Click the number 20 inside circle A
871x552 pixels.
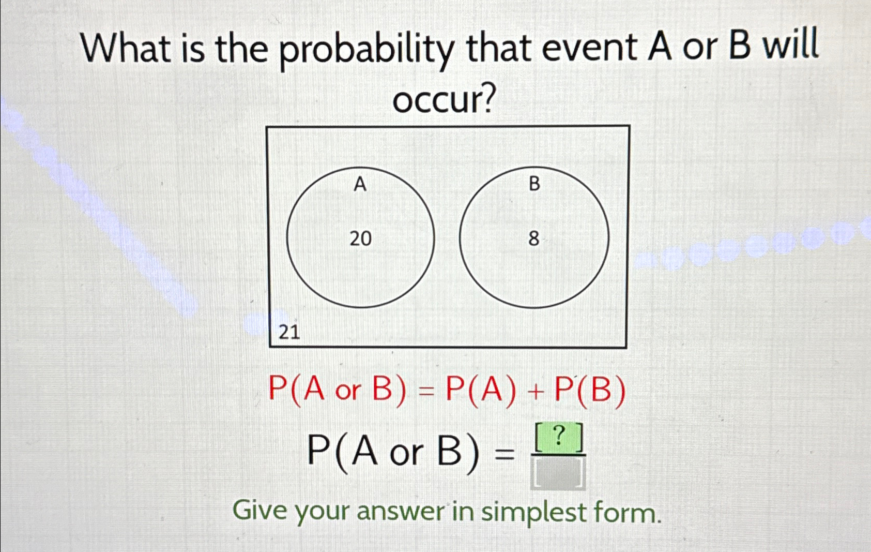(360, 238)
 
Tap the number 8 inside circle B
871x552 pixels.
(534, 238)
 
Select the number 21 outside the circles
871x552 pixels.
(289, 332)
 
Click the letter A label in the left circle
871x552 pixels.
(360, 184)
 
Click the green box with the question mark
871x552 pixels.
(559, 438)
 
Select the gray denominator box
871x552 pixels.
(558, 472)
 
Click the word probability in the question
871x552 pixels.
(368, 53)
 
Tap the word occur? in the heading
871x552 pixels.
(445, 99)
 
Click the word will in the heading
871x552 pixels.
(790, 46)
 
